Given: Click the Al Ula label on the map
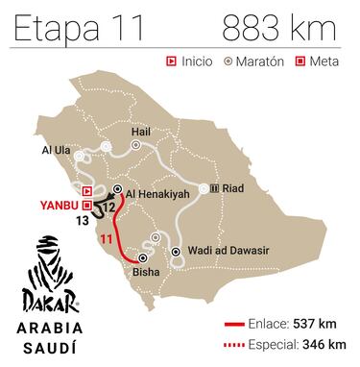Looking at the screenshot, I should [56, 152].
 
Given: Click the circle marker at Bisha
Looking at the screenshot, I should [143, 257].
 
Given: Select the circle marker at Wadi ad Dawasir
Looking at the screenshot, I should [177, 252].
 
